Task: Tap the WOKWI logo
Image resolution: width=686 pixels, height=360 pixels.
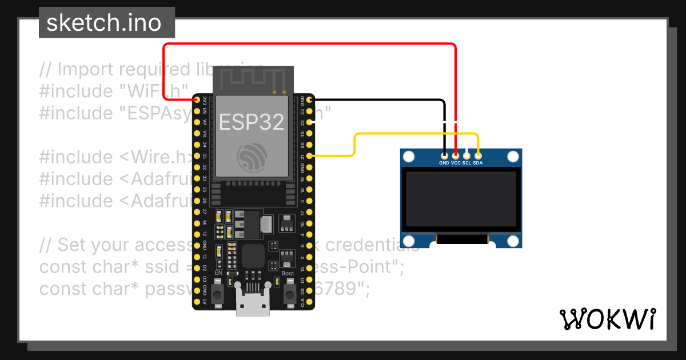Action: pyautogui.click(x=607, y=319)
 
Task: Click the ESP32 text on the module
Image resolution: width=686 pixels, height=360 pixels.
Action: pyautogui.click(x=252, y=122)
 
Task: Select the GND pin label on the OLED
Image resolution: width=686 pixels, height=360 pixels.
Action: pyautogui.click(x=444, y=163)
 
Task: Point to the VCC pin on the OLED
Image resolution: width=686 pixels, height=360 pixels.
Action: pyautogui.click(x=456, y=155)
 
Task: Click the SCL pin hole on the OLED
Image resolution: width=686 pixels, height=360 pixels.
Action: pyautogui.click(x=466, y=155)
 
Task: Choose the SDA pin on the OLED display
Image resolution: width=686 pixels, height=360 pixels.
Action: pyautogui.click(x=478, y=155)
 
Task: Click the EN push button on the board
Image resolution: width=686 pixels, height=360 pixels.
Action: pyautogui.click(x=218, y=295)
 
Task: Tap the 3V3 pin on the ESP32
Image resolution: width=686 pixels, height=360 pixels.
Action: pyautogui.click(x=197, y=100)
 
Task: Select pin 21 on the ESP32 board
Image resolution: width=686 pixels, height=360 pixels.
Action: pyautogui.click(x=309, y=155)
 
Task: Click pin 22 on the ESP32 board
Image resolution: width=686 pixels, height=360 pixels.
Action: pyautogui.click(x=309, y=122)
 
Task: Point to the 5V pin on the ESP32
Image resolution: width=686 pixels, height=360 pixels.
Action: pyautogui.click(x=197, y=301)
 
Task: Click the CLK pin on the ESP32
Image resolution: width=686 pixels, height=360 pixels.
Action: pyautogui.click(x=309, y=301)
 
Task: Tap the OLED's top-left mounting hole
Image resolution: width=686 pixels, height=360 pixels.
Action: pyautogui.click(x=409, y=156)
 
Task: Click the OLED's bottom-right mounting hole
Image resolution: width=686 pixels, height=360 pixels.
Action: pyautogui.click(x=513, y=241)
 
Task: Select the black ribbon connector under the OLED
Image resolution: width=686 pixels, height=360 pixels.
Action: pyautogui.click(x=462, y=241)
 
